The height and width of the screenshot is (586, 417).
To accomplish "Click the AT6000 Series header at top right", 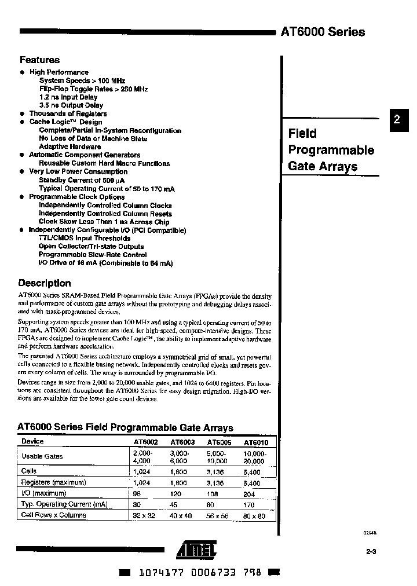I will [323, 32].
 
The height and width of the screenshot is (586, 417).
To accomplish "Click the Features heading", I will [39, 60].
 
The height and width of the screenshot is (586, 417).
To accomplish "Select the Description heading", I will [45, 283].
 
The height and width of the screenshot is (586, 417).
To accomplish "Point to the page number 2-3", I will [371, 551].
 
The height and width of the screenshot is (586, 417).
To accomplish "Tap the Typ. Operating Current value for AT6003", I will [174, 504].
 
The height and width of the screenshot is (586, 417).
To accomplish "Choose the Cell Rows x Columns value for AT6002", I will [144, 515].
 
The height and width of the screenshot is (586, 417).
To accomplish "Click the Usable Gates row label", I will [42, 456].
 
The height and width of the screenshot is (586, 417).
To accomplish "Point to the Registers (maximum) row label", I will [53, 482].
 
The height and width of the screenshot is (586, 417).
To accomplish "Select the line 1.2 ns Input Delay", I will [68, 97].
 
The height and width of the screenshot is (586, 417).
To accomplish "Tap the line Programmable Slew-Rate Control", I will [93, 255].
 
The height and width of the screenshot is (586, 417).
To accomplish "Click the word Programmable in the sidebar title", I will [331, 151].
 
